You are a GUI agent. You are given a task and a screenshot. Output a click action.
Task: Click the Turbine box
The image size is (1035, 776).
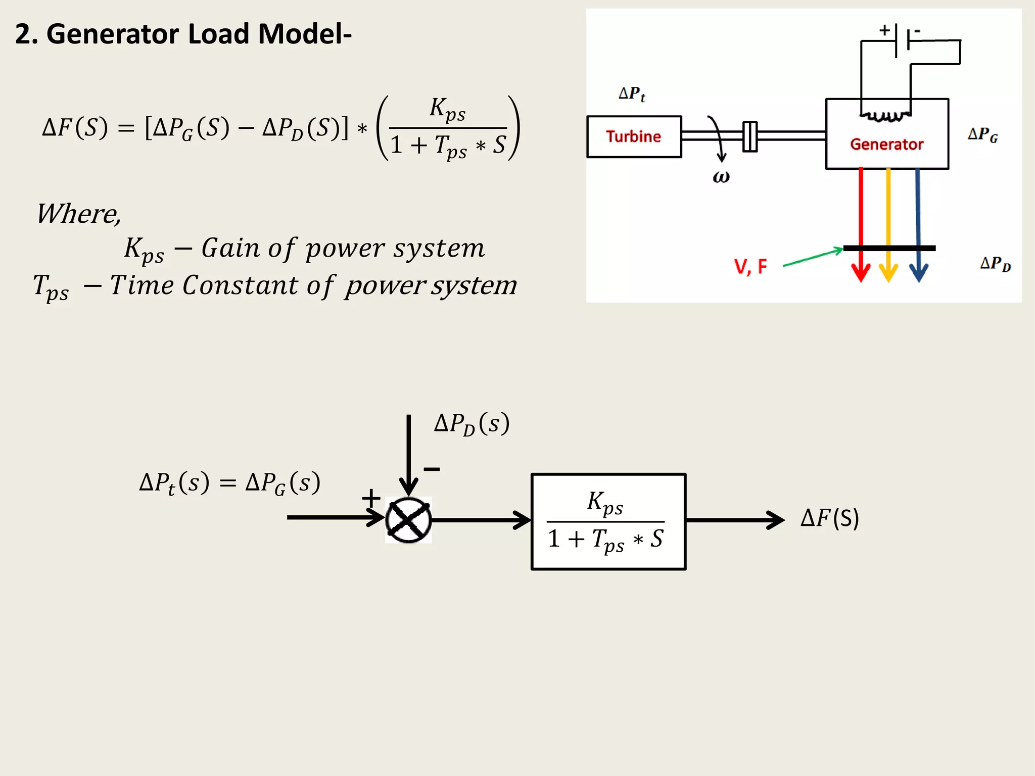coord(634,136)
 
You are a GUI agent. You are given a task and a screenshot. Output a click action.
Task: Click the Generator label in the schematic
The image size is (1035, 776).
coord(886,144)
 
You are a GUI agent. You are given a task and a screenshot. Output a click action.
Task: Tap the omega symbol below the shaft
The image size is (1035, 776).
coord(721,177)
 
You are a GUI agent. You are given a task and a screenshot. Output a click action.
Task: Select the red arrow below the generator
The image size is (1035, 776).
coord(861,222)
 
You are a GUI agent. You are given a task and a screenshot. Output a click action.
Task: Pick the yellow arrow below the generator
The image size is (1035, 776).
coord(888,222)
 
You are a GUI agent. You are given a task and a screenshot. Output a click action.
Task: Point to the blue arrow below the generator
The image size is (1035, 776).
coord(918,222)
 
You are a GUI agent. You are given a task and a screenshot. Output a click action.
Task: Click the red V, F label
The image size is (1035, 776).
coord(750,266)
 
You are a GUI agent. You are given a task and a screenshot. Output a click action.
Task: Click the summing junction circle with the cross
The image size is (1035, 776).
coord(408,520)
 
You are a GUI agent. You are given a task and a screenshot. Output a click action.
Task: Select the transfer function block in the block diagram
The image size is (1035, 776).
coord(608,521)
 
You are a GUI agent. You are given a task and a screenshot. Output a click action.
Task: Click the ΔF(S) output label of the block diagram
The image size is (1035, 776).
coord(829,518)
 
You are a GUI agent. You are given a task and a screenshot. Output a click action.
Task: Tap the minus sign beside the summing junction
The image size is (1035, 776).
coord(432,469)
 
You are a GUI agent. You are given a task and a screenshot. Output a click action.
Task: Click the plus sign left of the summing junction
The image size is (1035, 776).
coord(371,498)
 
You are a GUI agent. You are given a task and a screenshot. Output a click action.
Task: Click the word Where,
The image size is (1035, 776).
coord(79,214)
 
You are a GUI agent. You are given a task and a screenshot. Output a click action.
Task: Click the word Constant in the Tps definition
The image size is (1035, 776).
coord(240,285)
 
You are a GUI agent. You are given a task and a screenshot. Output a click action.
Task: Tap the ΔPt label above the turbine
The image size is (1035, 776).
coord(632,94)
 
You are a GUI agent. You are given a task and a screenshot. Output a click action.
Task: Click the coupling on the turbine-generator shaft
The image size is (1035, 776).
coord(750,136)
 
